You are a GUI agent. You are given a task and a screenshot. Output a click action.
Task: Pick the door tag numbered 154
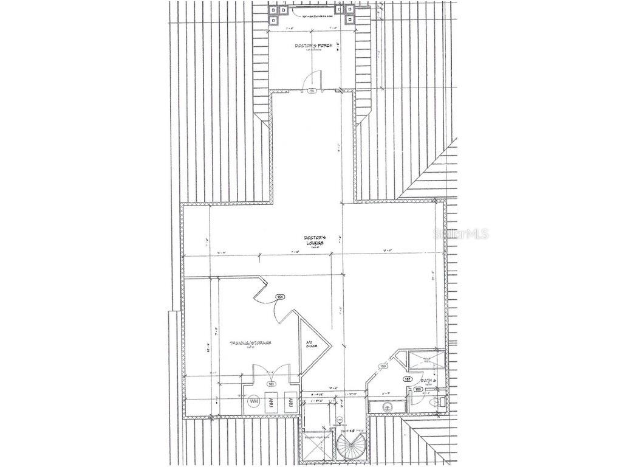tap(280, 297)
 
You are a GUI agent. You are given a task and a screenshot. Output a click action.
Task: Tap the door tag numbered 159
tap(383, 366)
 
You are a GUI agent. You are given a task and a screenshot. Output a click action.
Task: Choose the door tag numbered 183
tap(271, 384)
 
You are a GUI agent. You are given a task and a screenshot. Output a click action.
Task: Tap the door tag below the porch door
tap(312, 91)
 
